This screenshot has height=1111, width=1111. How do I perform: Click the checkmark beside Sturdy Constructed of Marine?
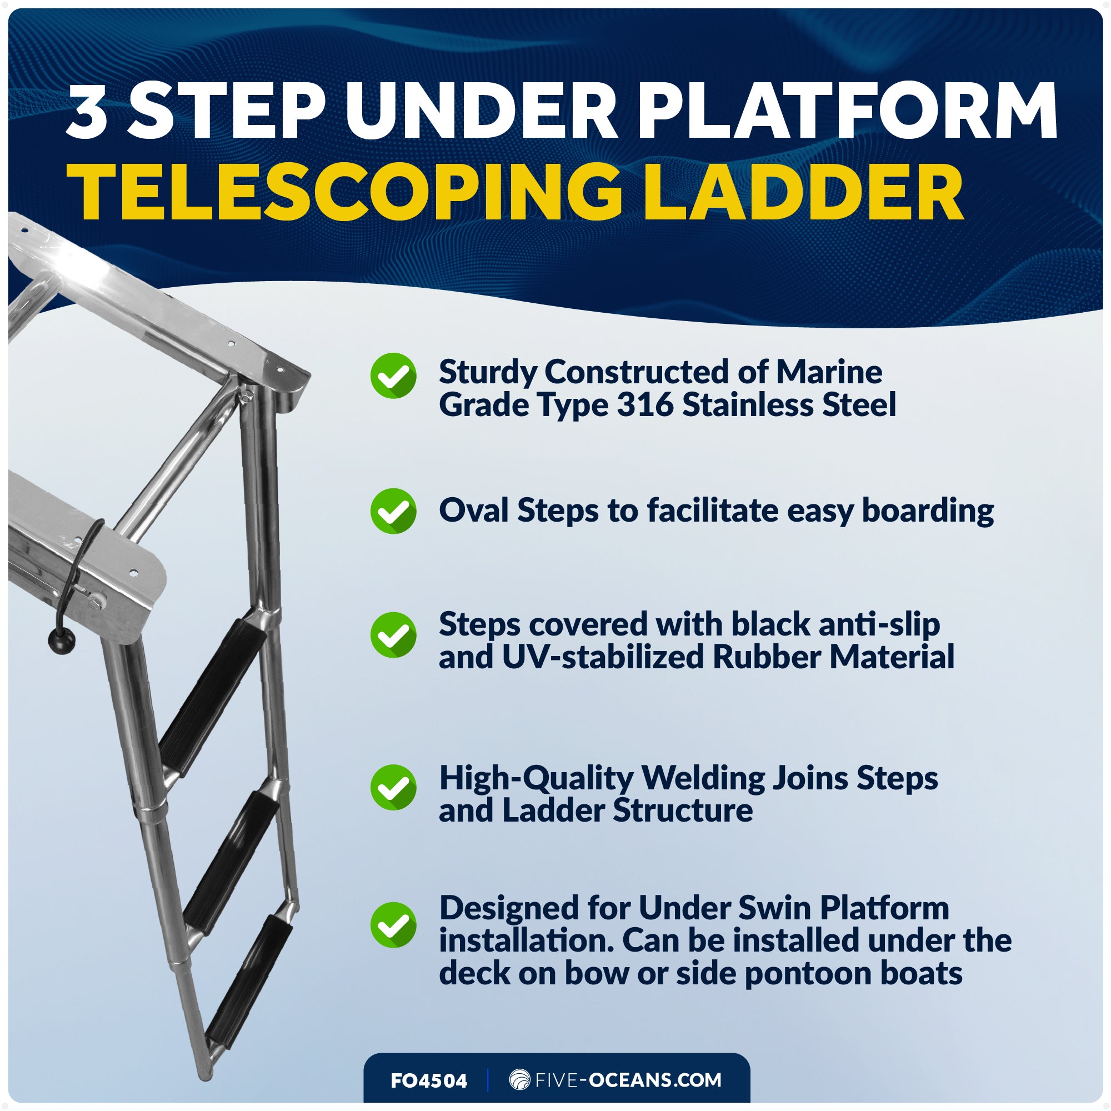[393, 376]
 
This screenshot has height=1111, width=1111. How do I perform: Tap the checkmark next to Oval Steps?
[393, 511]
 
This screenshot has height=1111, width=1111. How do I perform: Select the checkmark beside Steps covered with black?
[393, 635]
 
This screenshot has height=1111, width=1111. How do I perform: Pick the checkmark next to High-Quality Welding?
[393, 787]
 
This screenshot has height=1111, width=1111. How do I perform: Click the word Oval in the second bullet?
[473, 511]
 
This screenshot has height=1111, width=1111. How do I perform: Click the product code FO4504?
[429, 1081]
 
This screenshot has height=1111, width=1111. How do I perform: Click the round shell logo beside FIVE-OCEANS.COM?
[519, 1079]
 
